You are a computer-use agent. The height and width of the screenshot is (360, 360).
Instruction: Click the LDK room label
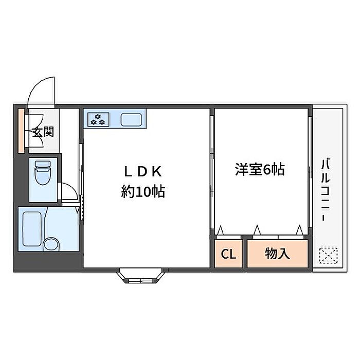pos(142,171)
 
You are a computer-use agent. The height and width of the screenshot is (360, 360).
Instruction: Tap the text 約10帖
pos(142,192)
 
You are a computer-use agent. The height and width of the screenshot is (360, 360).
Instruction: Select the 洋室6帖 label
pos(260,169)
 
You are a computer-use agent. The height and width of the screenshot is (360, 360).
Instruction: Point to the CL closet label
pos(228,254)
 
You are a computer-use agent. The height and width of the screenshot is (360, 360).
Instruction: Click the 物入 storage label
pos(278,254)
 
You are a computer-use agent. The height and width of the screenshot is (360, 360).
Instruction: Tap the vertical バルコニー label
pos(325,190)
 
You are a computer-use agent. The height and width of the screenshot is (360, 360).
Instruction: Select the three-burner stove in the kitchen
pos(97,119)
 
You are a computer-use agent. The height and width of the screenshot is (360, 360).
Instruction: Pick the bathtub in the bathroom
pos(31,229)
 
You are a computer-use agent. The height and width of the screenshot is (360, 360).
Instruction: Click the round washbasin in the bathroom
pos(50,243)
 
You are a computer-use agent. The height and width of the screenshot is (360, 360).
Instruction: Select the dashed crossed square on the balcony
pos(327,255)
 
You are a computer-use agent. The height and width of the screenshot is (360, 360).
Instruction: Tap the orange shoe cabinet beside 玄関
pos(21,131)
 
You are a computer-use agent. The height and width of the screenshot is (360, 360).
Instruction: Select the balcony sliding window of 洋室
pos(311,170)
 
